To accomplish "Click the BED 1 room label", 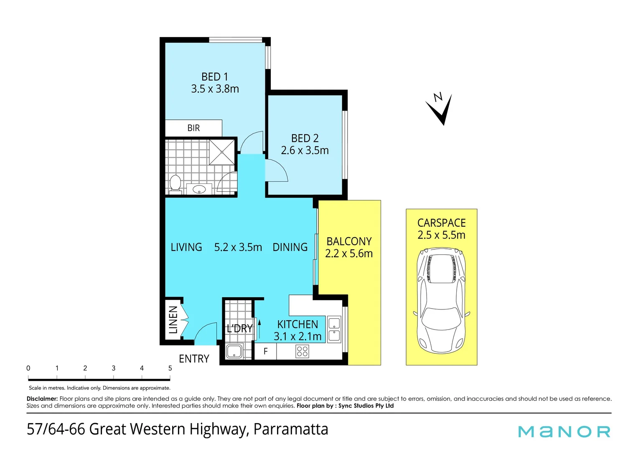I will [x=215, y=77].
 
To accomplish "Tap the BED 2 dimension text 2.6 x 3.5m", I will [x=305, y=150].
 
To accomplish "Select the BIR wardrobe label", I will [x=193, y=128].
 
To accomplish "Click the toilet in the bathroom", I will [x=175, y=184].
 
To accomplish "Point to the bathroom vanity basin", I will [x=199, y=190].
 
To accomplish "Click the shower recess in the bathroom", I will [x=222, y=152].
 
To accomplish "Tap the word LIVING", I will [x=186, y=247].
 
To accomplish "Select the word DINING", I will [x=290, y=247].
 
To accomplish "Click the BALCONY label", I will [x=349, y=241].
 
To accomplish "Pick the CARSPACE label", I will [x=441, y=223].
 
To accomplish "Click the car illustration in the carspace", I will [x=441, y=301].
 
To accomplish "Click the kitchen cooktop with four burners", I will [x=302, y=352].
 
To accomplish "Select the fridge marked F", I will [x=265, y=352].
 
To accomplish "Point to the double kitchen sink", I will [x=334, y=329].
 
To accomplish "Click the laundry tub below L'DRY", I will [x=234, y=351].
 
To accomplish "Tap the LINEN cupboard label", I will [x=173, y=320].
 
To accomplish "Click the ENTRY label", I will [x=194, y=359].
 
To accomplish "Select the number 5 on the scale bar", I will [x=170, y=368].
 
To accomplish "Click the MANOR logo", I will [x=564, y=431].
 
